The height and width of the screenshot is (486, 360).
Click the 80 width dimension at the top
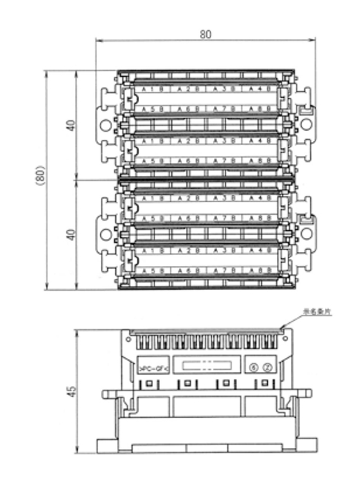pos(205,34)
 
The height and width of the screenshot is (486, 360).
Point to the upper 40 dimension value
pos(70,126)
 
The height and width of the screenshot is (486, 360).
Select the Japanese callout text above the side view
pos(317,311)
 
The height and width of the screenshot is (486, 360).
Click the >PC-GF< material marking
pos(153,368)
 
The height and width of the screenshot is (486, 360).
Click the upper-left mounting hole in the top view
pos(105,125)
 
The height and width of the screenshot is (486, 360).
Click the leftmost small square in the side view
pos(146,384)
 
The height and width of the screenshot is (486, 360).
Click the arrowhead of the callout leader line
pos(284,327)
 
